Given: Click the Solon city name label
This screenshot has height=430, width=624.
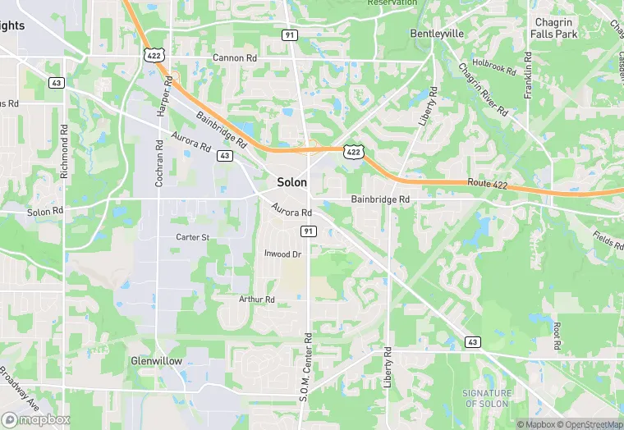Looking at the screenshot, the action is tap(292, 181).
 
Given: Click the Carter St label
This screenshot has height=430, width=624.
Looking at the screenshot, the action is tap(193, 237).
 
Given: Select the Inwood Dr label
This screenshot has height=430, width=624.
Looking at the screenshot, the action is tap(282, 254).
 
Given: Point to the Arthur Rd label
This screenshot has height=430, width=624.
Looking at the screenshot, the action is tap(256, 300).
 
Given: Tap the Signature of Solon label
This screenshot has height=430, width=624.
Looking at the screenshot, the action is tap(487, 399).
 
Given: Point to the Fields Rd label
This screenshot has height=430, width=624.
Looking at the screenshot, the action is tap(608, 239).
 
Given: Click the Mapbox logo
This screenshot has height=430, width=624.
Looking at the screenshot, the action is tap(35, 419).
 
